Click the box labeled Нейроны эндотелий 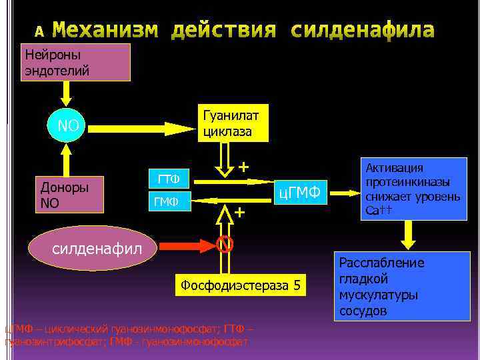pos(76,62)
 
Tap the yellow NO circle pos(67,126)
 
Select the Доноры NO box pos(69,193)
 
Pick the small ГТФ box pos(168,179)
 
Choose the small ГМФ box pos(168,199)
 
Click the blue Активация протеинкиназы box pos(415,189)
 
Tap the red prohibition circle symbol pos(225,245)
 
